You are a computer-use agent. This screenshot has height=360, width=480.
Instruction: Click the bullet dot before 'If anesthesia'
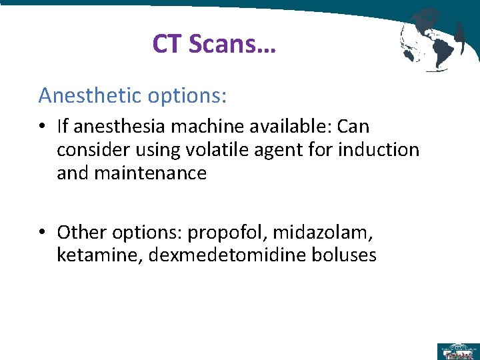pos(42,127)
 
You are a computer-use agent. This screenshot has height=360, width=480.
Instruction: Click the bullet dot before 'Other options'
pos(42,232)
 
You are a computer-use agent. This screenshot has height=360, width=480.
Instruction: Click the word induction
pos(379,150)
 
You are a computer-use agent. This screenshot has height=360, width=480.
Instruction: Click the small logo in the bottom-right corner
pos(457,351)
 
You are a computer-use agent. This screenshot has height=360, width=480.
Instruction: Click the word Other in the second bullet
pos(77,232)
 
